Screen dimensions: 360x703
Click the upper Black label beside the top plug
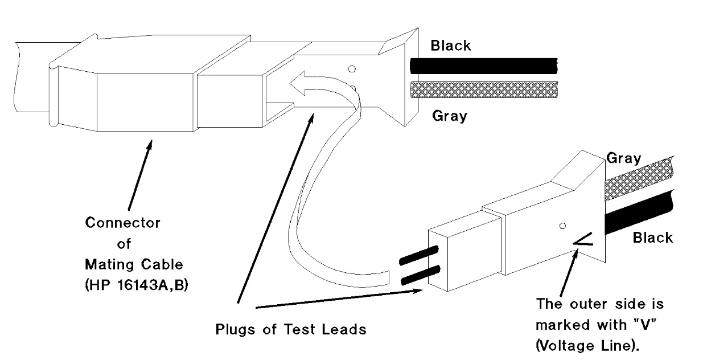pyautogui.click(x=451, y=46)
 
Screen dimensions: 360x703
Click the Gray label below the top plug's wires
pyautogui.click(x=449, y=116)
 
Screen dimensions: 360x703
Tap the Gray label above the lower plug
pyautogui.click(x=623, y=158)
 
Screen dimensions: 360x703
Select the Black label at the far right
pyautogui.click(x=652, y=237)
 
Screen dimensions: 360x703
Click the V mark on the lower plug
pyautogui.click(x=584, y=244)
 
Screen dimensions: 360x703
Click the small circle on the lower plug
pyautogui.click(x=563, y=226)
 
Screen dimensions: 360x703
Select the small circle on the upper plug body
pyautogui.click(x=352, y=69)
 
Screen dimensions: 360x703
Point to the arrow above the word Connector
pyautogui.click(x=140, y=177)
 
